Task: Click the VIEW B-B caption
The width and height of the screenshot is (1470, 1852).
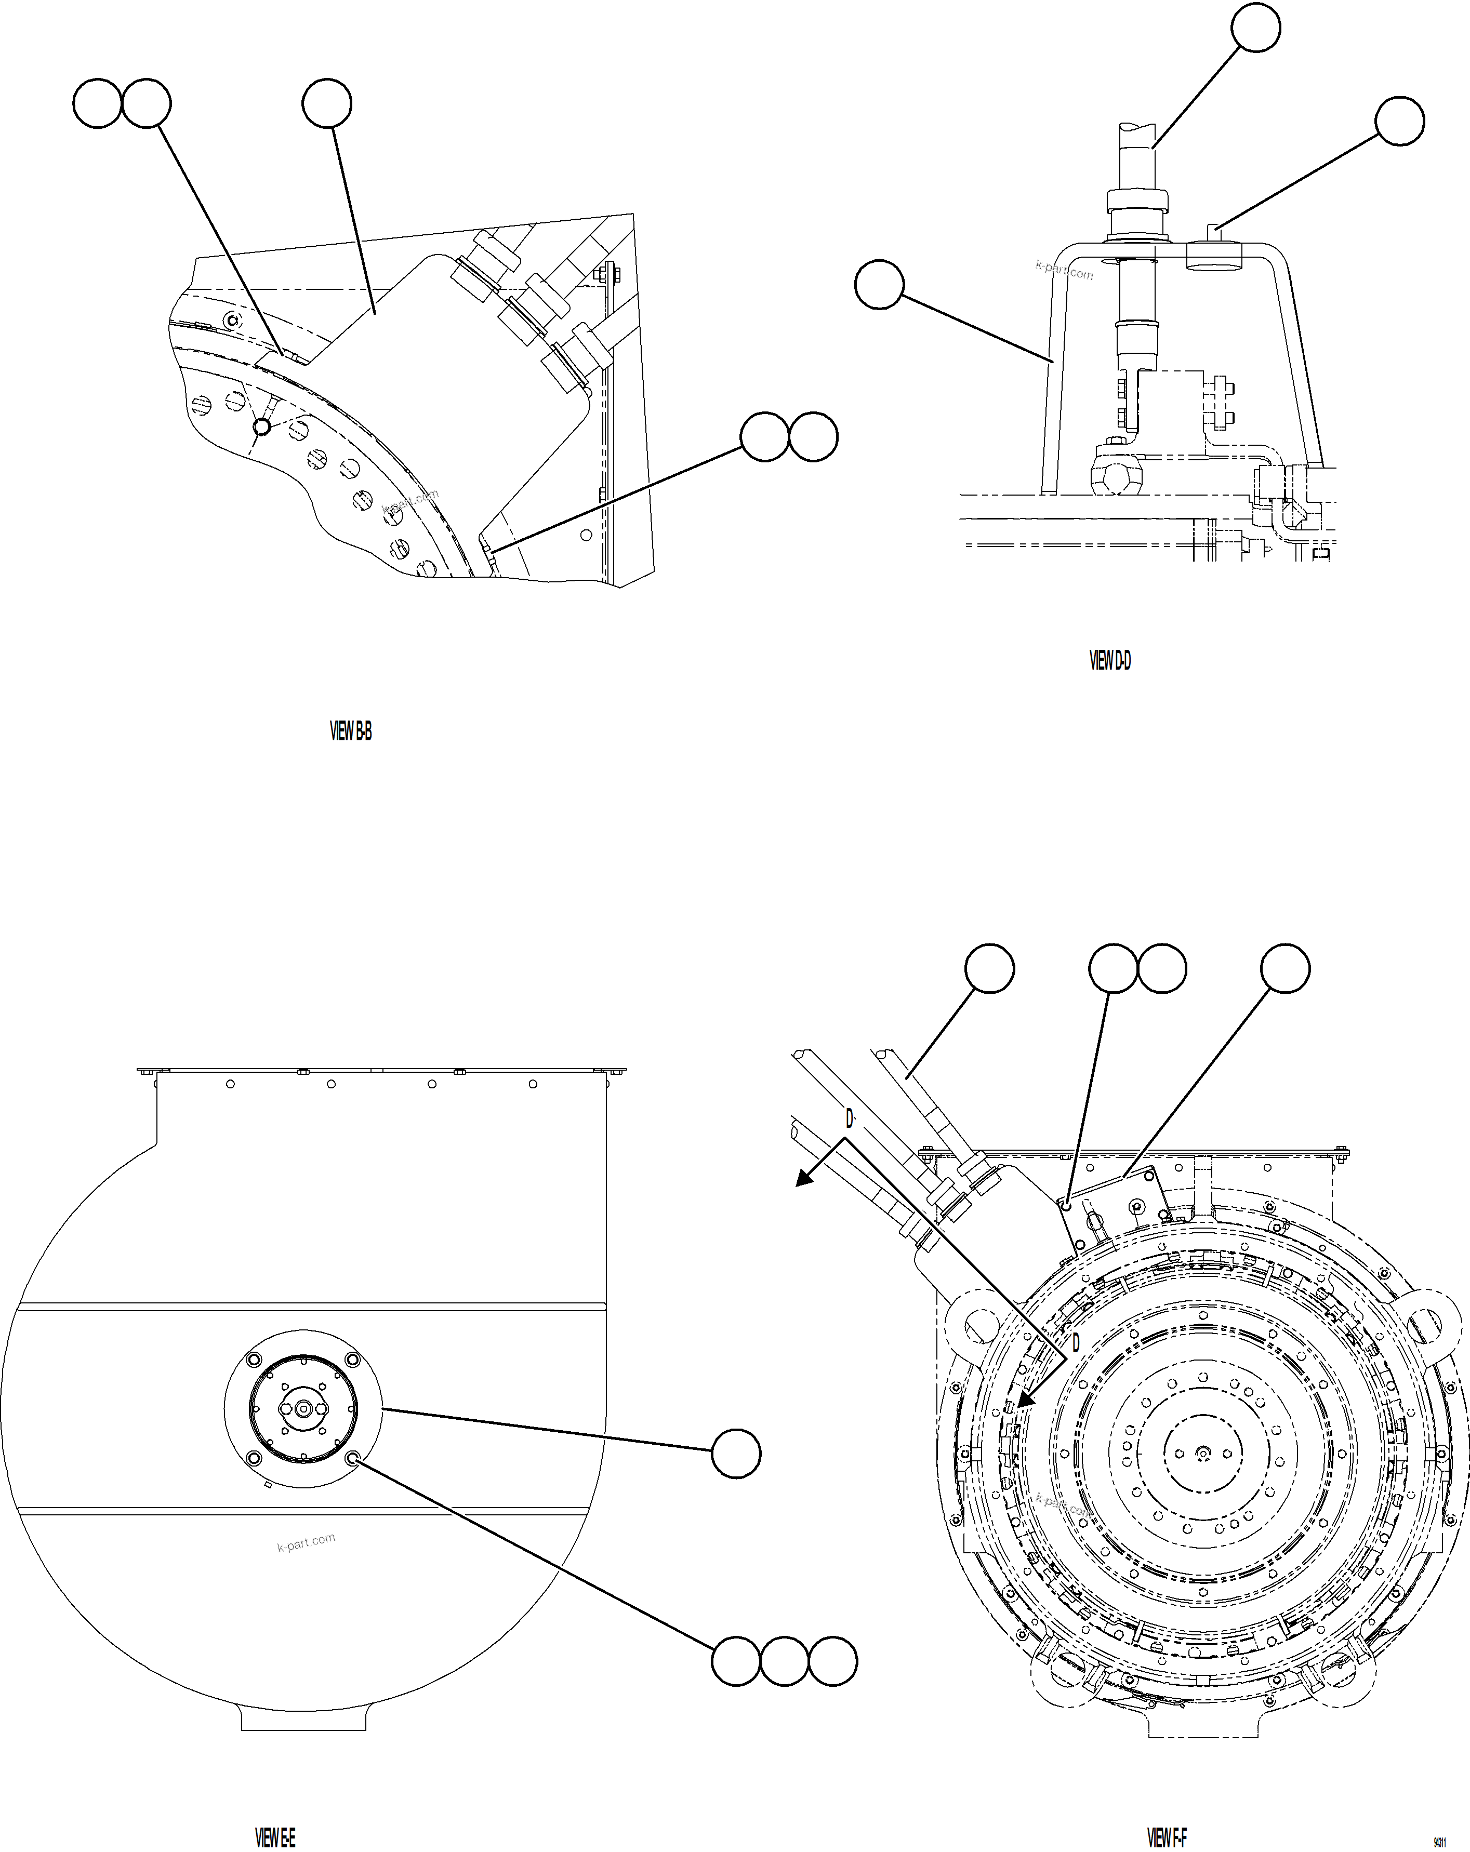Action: point(351,732)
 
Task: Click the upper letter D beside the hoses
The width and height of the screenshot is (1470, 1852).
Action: point(850,1118)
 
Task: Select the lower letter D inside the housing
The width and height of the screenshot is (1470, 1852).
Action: point(1074,1342)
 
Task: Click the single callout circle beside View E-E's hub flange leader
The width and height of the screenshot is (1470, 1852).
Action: point(736,1454)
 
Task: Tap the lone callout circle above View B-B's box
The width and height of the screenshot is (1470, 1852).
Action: point(326,103)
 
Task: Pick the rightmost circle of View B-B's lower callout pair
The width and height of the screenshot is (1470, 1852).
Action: point(813,437)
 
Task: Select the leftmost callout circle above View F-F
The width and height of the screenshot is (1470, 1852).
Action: point(990,968)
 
